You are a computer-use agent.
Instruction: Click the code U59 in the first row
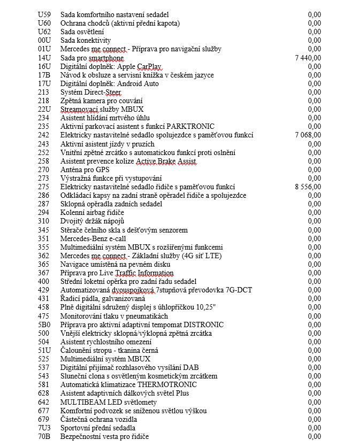click(44, 14)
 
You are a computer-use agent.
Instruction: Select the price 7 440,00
click(308, 58)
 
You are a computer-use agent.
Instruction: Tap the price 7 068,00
click(308, 135)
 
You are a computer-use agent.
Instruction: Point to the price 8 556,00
click(308, 187)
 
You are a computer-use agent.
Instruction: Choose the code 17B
click(44, 75)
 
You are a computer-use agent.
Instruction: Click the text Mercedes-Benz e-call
click(93, 238)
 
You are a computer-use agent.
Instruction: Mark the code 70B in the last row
click(44, 437)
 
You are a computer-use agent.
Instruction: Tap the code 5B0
click(44, 325)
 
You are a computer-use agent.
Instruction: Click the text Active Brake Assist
click(166, 161)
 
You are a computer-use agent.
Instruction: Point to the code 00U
click(44, 40)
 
